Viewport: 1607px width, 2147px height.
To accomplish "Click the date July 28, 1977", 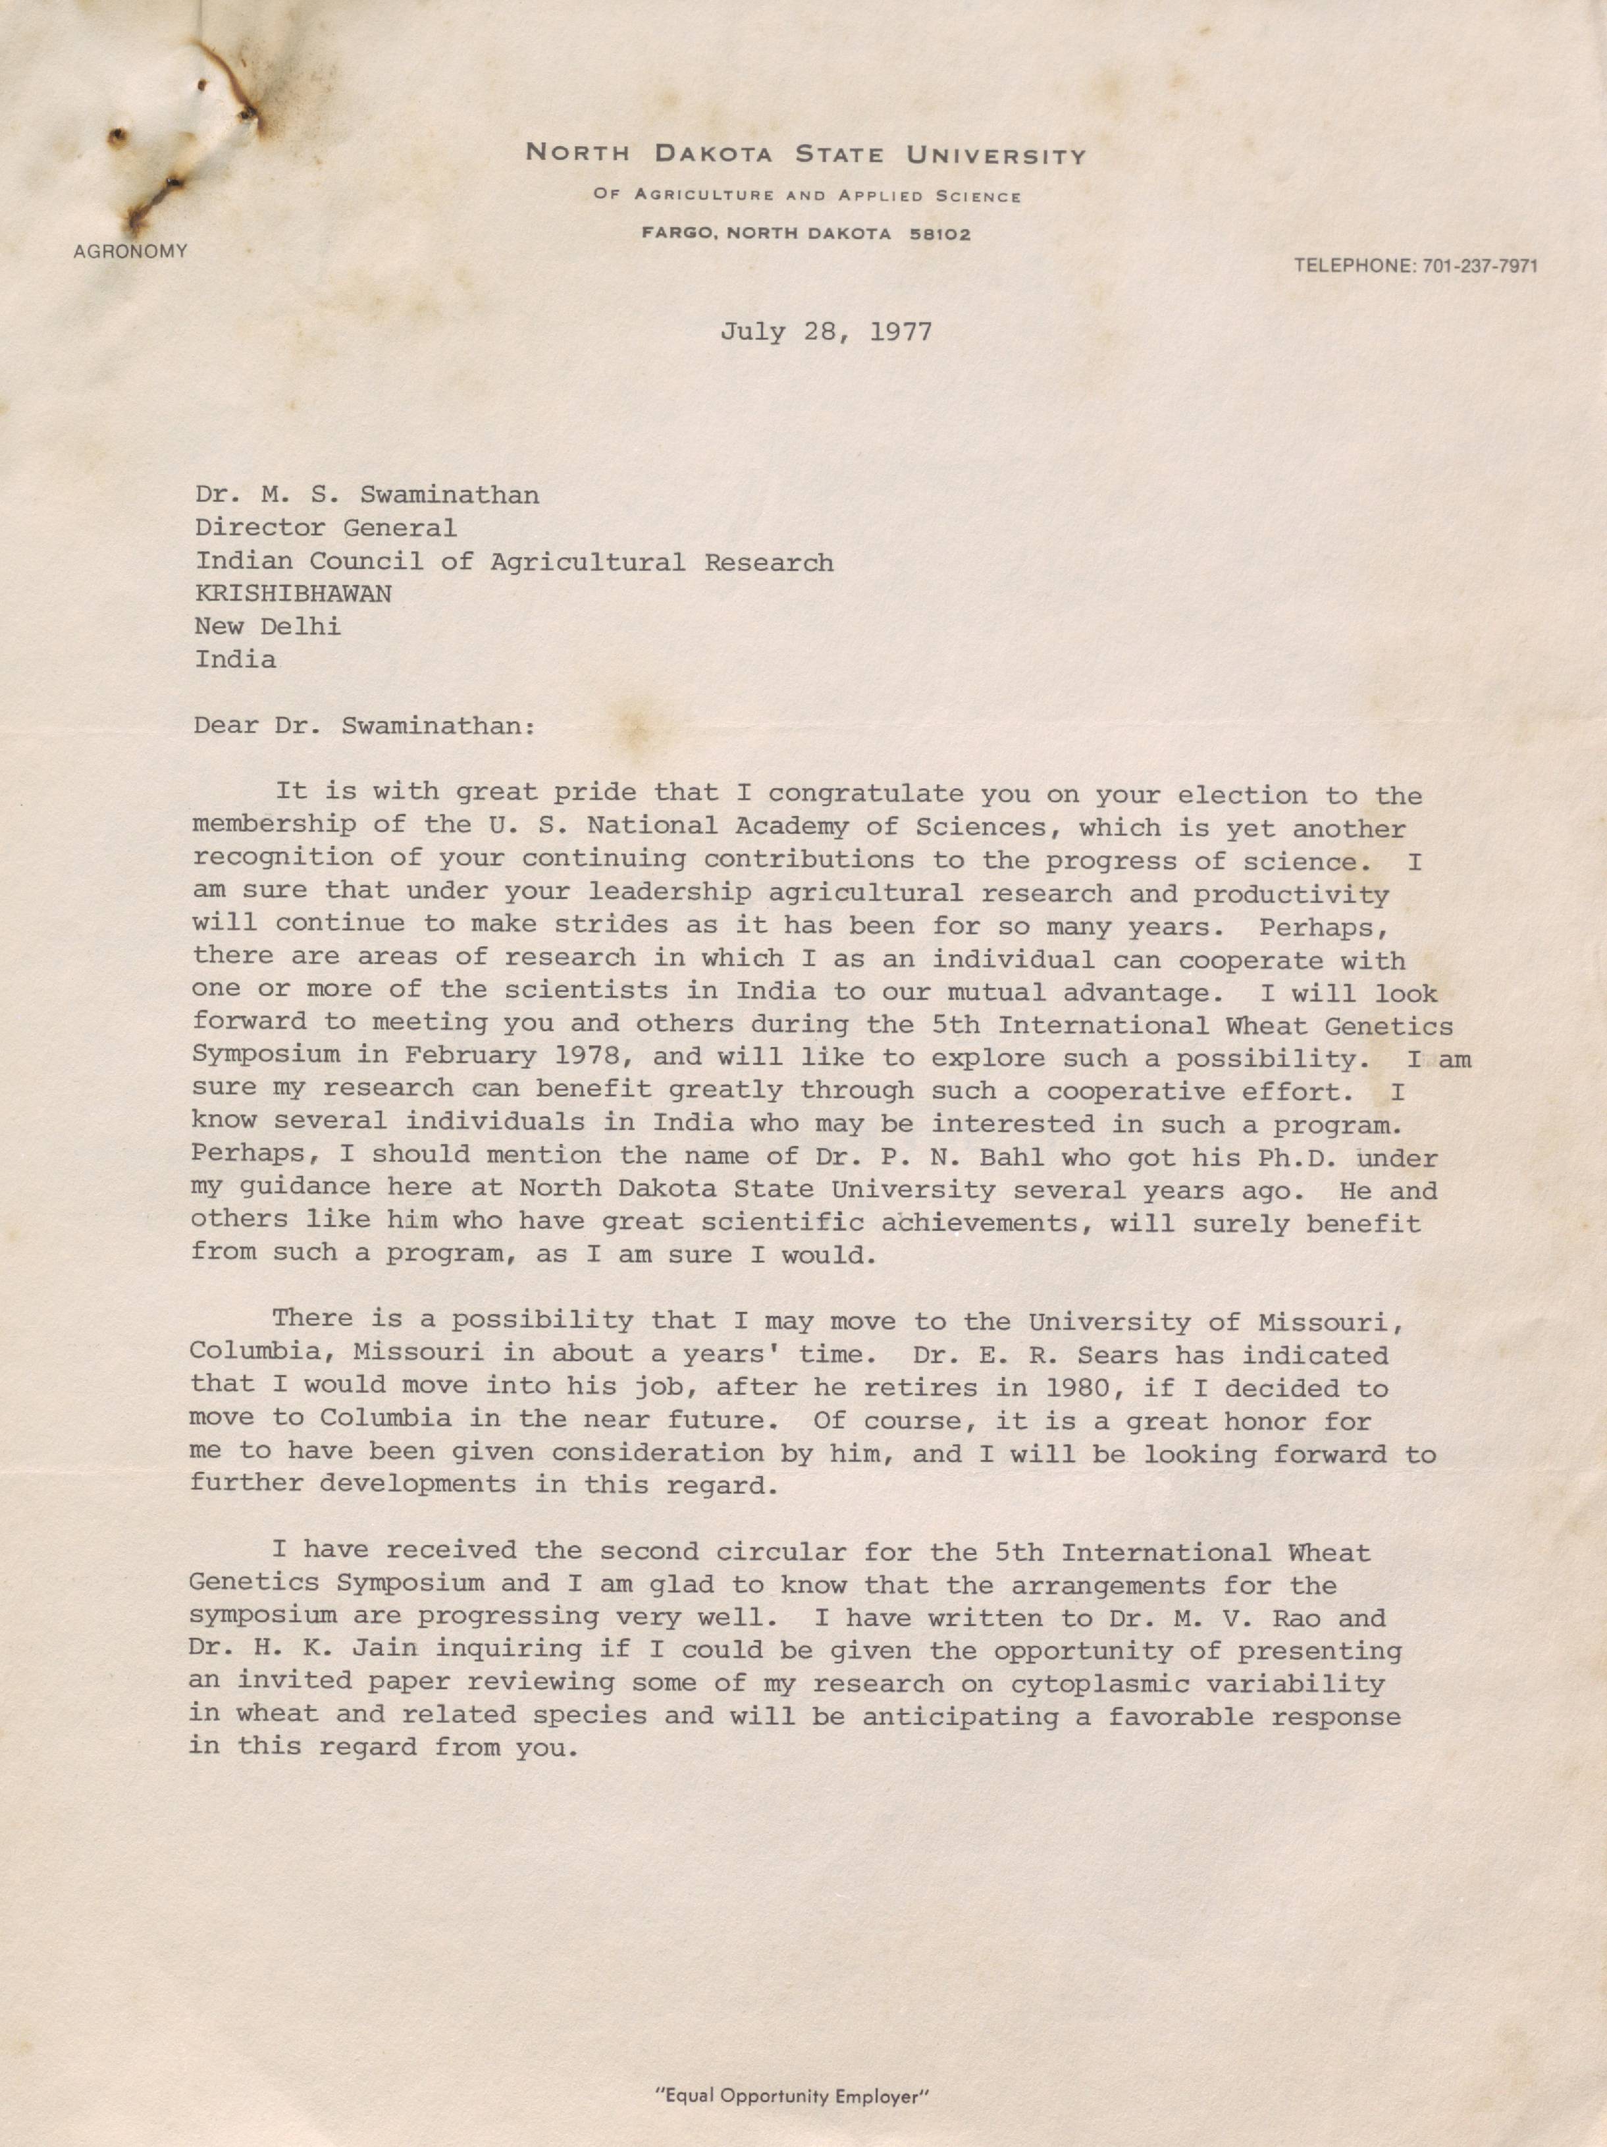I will click(x=825, y=333).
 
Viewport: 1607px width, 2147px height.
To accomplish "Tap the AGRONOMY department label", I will click(x=130, y=252).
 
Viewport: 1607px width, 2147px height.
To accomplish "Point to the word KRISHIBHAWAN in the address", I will click(x=293, y=594).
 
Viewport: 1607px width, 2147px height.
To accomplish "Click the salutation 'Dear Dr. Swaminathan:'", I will click(x=364, y=726).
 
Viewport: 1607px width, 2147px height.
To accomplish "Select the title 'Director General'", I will click(x=325, y=528).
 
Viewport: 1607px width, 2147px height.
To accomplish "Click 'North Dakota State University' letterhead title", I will click(x=805, y=154).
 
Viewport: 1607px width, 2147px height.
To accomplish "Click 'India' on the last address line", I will click(x=236, y=660).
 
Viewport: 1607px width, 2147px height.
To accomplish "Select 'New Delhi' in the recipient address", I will click(x=268, y=627).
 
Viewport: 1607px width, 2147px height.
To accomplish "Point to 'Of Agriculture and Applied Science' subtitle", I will click(x=807, y=196).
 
